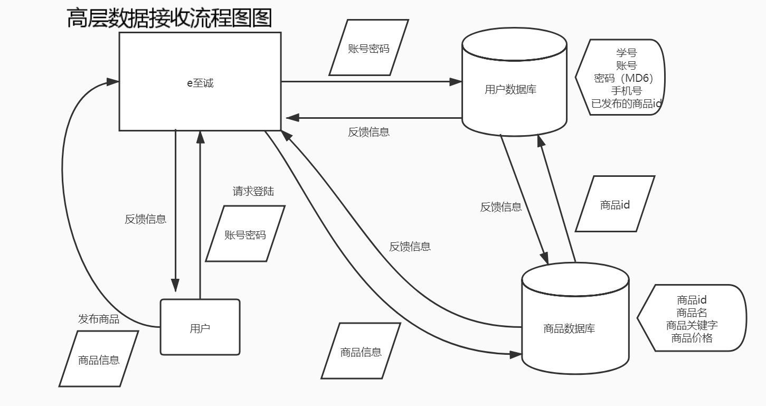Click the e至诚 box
(200, 82)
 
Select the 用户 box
(200, 328)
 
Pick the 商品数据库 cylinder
(569, 328)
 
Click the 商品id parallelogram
(614, 204)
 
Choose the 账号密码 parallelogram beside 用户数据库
(368, 48)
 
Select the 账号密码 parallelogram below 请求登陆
(245, 234)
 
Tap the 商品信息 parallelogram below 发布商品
(99, 359)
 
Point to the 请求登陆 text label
(253, 191)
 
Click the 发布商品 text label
(99, 319)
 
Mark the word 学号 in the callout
(626, 53)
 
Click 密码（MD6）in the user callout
(624, 78)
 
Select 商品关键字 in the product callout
(692, 325)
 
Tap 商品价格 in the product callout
(692, 338)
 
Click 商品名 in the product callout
(692, 313)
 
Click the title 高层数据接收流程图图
(169, 18)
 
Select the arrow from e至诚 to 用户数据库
(370, 82)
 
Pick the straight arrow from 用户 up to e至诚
(200, 211)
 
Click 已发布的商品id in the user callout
(626, 103)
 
